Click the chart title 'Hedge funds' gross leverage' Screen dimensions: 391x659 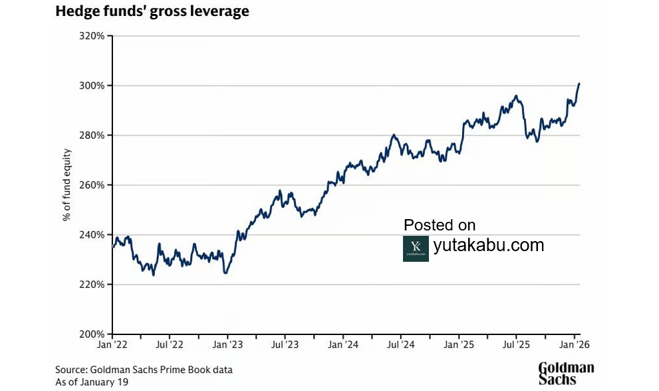click(x=152, y=12)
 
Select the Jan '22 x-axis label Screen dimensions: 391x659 click(x=112, y=345)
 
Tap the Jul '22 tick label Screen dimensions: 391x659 click(x=170, y=345)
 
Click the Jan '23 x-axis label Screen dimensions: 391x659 click(x=227, y=345)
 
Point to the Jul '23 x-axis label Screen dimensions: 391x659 click(x=285, y=345)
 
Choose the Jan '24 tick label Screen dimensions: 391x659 click(x=343, y=345)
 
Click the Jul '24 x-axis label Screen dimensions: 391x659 click(x=400, y=345)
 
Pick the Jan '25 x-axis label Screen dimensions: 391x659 click(x=459, y=345)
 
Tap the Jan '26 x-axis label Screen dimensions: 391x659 click(x=574, y=345)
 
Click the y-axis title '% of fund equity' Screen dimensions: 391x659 click(x=67, y=185)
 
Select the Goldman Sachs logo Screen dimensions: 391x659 click(x=566, y=374)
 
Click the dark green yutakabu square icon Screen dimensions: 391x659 click(x=416, y=248)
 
